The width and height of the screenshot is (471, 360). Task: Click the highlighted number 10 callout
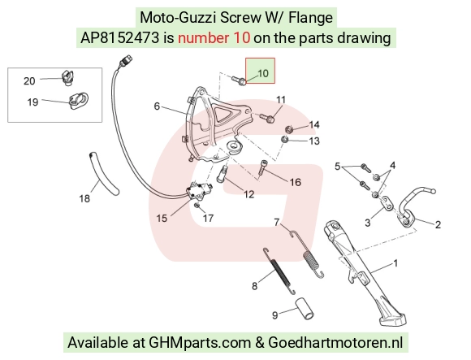pos(263,73)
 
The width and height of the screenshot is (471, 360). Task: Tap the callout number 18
pos(84,198)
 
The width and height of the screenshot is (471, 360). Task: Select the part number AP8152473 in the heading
pos(119,38)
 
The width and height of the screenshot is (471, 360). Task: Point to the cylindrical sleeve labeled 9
pos(305,308)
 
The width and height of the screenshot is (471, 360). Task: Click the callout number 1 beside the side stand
pos(395,263)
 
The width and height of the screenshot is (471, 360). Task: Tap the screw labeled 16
pos(261,167)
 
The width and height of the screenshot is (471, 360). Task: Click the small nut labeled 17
pos(197,206)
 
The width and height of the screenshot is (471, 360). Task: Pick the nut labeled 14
pos(289,129)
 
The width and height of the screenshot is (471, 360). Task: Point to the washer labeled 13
pos(284,140)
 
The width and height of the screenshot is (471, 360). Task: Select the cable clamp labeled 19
pos(79,101)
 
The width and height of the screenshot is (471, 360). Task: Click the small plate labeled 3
pos(387,203)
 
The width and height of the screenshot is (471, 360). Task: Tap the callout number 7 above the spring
pos(277,223)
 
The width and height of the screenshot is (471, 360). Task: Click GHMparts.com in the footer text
pos(200,343)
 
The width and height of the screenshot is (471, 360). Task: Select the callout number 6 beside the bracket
pos(157,106)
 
